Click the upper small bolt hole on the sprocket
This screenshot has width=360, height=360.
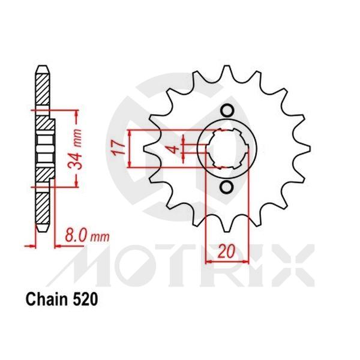click(226, 110)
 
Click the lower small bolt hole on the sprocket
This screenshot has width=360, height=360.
click(226, 187)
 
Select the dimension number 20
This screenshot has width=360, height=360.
click(226, 253)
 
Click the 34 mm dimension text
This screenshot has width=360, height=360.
click(76, 148)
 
